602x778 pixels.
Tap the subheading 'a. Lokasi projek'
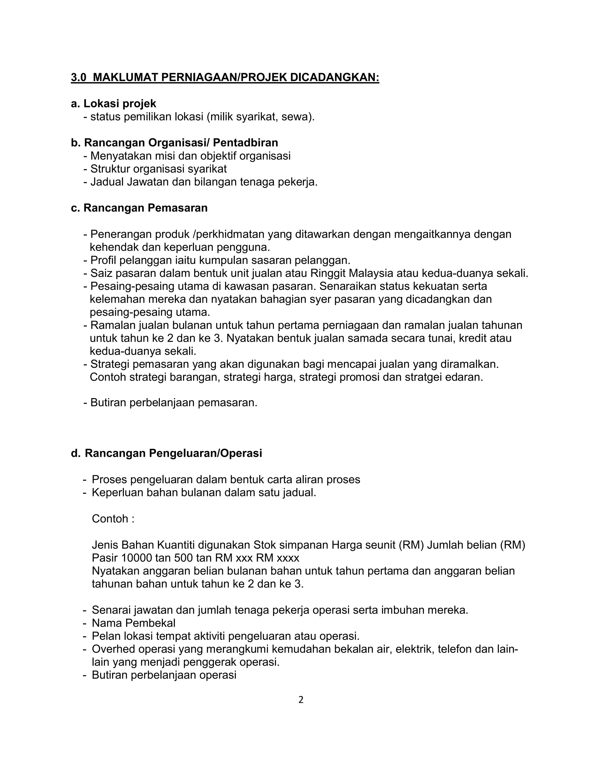113,104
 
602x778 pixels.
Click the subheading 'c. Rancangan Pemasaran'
139,208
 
